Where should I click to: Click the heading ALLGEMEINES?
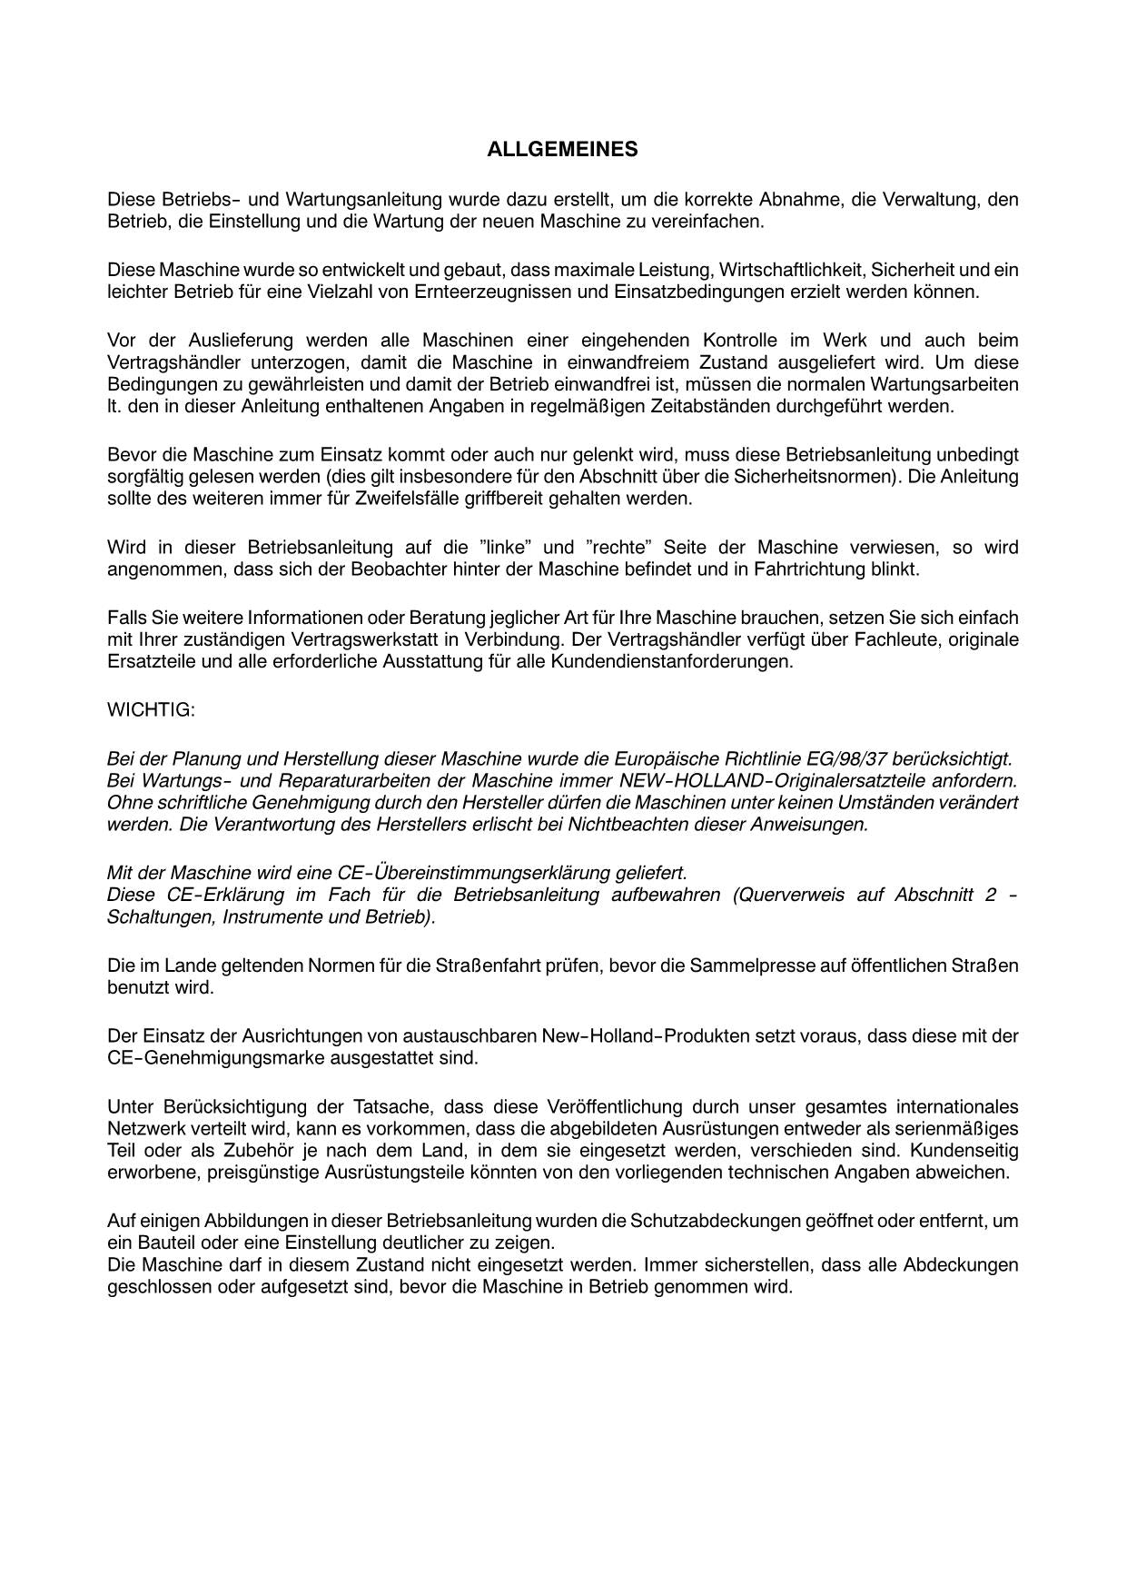pos(562,150)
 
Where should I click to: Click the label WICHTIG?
pos(151,709)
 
